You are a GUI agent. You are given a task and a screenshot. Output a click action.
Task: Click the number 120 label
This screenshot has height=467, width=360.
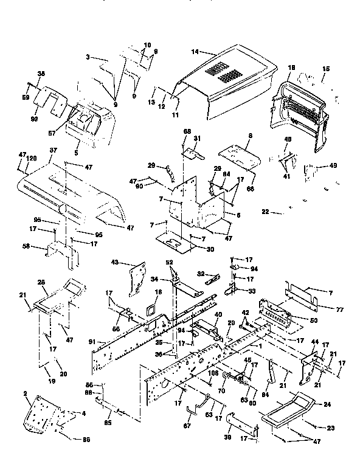pos(32,157)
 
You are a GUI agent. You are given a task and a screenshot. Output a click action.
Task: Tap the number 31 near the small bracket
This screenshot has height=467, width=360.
pos(196,139)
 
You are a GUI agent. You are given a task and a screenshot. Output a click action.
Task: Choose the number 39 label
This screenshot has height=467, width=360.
pos(229,437)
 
